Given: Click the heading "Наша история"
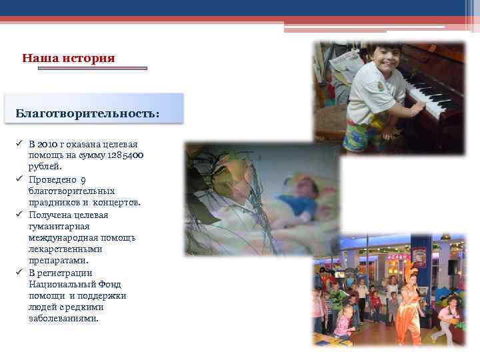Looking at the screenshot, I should tap(68, 59).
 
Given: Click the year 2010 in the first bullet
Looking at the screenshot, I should tap(49, 144).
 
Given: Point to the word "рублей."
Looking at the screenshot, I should tap(45, 167).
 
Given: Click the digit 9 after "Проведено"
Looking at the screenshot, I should tap(83, 179).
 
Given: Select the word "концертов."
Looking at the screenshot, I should tap(116, 202).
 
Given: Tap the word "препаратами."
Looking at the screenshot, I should tap(59, 261).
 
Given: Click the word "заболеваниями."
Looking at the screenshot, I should tap(63, 319).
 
